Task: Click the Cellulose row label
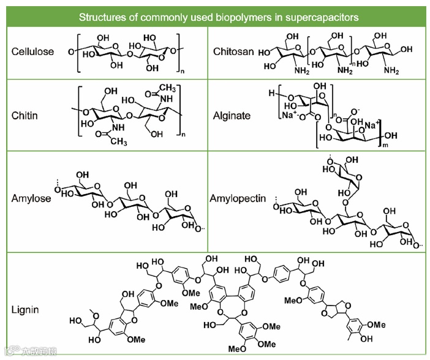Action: click(x=32, y=51)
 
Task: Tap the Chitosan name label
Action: click(x=232, y=51)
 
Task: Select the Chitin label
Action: click(x=25, y=115)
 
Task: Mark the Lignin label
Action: click(x=25, y=310)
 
